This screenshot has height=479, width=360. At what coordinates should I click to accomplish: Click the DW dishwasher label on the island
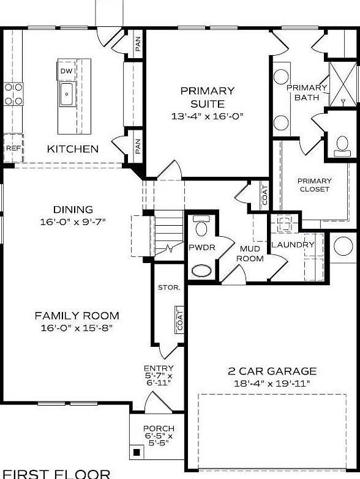point(66,72)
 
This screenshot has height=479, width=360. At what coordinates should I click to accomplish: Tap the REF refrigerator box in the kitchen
point(13,148)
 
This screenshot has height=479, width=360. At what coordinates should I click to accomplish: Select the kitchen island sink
point(67,94)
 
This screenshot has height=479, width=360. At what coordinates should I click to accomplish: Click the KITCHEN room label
point(73,149)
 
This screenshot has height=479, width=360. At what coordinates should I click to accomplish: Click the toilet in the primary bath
point(341,144)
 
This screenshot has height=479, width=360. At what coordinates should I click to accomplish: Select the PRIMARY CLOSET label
point(314,185)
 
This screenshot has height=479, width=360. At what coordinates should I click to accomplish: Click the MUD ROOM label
point(251,254)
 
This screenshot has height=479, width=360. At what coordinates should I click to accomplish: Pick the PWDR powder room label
point(200,248)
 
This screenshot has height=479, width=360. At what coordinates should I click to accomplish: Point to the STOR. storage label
point(168,287)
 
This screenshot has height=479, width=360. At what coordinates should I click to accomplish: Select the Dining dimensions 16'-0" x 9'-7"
point(73,221)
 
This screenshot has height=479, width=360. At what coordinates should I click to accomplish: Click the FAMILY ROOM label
point(77,316)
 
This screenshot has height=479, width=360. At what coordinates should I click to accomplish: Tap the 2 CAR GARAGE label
point(272,371)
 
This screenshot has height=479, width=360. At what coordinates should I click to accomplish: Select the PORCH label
point(159,428)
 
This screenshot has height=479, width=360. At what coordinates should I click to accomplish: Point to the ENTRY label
point(159,368)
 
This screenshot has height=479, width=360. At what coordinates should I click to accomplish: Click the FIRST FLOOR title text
point(56,473)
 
